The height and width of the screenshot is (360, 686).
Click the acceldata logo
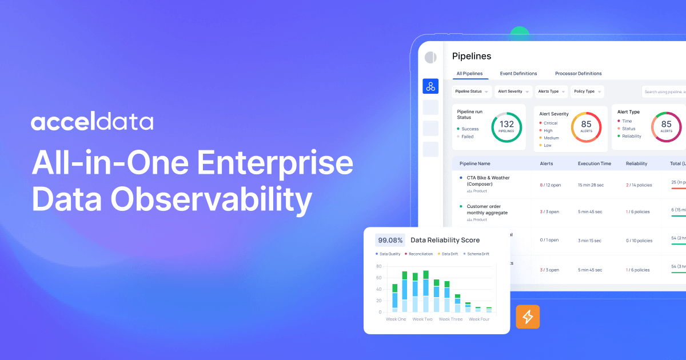[92, 122]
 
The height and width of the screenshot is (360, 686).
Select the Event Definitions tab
[519, 74]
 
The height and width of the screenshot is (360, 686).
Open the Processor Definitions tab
[578, 74]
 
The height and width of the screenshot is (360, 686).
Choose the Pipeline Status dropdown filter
[472, 91]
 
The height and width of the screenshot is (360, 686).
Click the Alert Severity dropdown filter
[513, 91]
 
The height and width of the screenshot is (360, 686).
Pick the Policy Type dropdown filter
[587, 91]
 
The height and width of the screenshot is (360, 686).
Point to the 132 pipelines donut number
[506, 125]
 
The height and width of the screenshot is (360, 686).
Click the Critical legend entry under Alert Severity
[550, 123]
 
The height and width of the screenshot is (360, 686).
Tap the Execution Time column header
[594, 163]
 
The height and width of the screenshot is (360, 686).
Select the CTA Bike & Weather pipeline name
[488, 181]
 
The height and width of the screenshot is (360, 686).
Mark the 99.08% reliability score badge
[390, 240]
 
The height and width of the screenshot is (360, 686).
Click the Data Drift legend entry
[449, 254]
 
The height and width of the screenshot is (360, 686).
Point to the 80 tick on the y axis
[378, 266]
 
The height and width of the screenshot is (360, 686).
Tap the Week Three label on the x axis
[450, 319]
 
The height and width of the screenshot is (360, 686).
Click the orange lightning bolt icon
[528, 317]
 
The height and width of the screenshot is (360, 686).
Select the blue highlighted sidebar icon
[430, 86]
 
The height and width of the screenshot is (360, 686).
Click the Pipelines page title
[472, 56]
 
